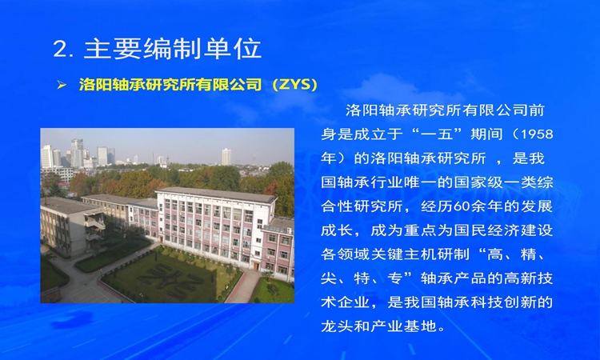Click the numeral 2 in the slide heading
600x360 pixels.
(61, 49)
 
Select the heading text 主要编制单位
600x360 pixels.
(172, 49)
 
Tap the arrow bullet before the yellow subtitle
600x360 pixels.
(62, 85)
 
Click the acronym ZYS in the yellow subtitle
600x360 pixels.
(294, 85)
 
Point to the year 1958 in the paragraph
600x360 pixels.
(538, 134)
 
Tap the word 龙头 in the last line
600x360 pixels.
(337, 326)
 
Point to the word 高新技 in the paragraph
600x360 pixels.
(529, 278)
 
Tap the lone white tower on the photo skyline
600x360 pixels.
(226, 157)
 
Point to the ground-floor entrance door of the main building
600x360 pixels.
(256, 266)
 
